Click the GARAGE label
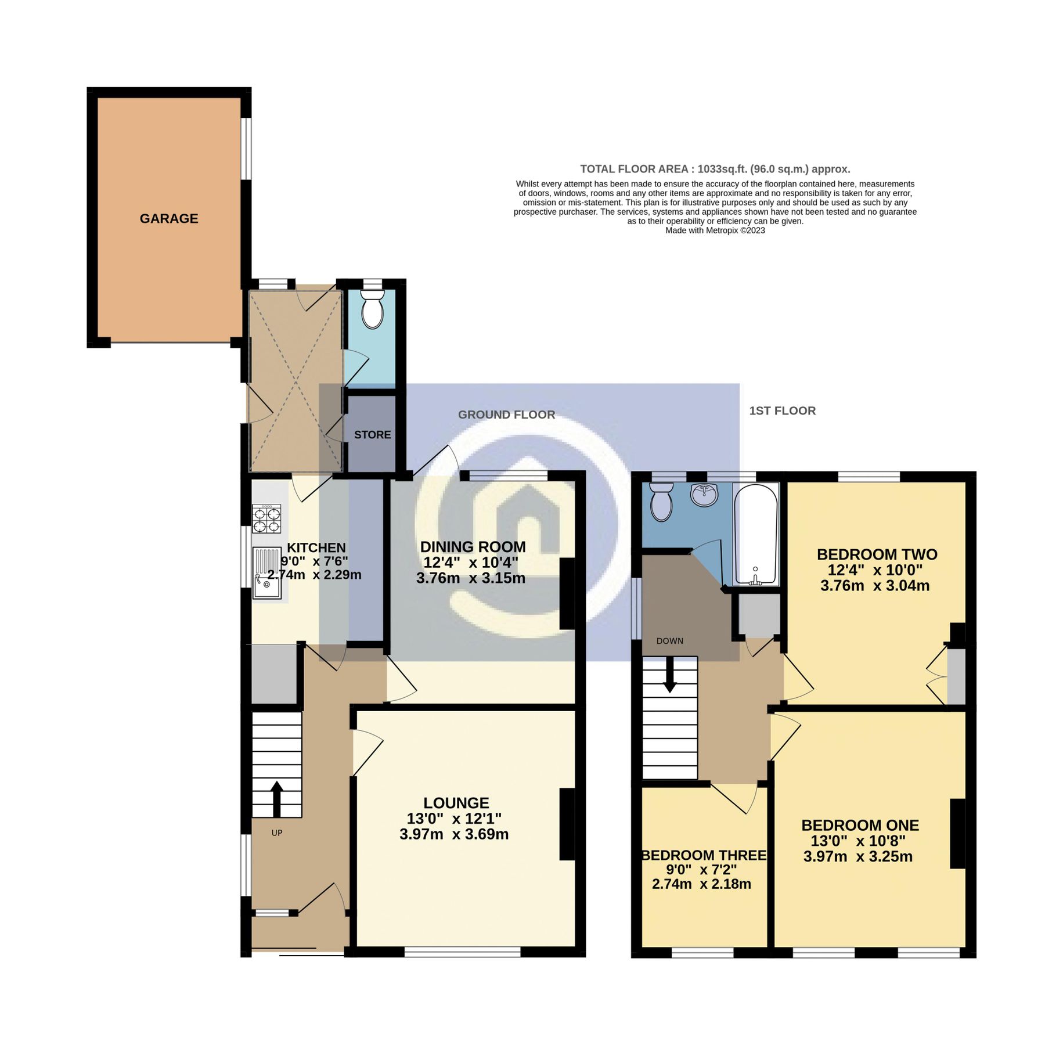point(169,218)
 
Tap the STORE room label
point(372,435)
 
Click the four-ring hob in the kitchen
point(266,519)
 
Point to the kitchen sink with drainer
point(267,573)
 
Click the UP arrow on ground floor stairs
point(277,799)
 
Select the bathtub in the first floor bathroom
point(755,534)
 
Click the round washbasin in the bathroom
point(704,495)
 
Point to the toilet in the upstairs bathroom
point(661,503)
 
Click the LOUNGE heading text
point(456,803)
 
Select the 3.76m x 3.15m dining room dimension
point(470,578)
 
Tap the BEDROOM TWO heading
point(877,554)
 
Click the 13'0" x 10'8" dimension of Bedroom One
point(857,841)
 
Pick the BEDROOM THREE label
point(704,855)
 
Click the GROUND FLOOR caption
point(506,415)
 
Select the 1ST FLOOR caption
point(782,410)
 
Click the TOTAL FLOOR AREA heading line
point(715,169)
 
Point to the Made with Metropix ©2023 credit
point(715,230)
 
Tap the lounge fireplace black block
point(567,824)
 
